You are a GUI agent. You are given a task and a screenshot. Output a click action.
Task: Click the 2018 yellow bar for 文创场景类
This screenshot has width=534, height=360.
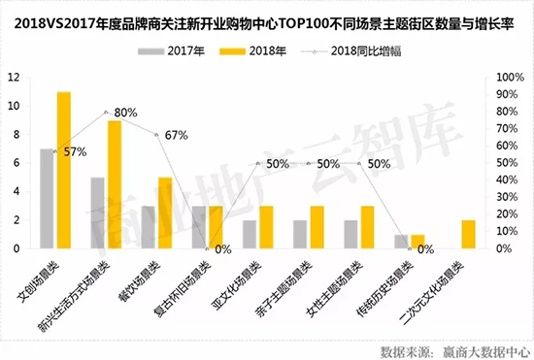64,170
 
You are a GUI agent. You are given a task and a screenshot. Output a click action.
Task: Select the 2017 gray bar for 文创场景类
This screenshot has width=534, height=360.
46,199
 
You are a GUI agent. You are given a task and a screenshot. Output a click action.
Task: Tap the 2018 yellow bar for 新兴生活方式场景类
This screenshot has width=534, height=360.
115,184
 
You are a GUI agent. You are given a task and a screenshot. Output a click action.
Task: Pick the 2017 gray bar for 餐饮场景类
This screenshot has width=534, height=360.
148,227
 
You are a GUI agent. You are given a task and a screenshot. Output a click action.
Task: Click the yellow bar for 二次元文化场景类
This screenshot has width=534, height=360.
469,234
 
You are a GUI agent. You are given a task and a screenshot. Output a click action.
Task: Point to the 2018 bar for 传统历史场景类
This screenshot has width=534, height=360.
418,242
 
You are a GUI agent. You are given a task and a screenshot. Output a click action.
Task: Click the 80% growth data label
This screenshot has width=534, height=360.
127,113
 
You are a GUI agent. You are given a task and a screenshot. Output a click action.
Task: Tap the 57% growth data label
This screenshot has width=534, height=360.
75,151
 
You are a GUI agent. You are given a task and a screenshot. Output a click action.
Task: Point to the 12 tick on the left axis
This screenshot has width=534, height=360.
13,78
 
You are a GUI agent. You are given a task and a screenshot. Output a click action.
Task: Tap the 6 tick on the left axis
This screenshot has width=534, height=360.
16,163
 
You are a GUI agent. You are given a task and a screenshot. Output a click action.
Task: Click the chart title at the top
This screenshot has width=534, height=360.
267,17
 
